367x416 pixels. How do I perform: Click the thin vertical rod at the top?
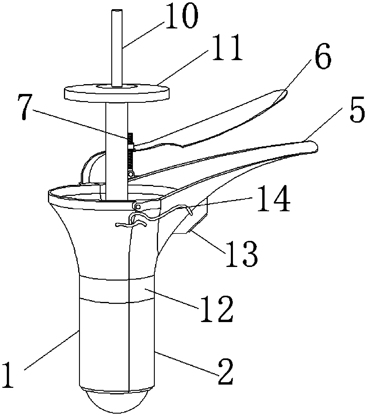coord(117,47)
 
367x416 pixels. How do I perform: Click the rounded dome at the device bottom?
coord(117,401)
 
